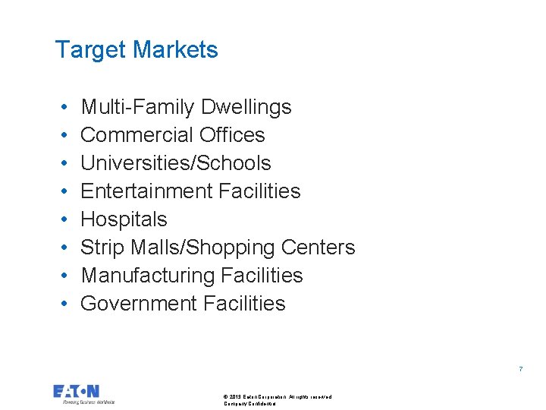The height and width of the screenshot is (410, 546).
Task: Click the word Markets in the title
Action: click(175, 50)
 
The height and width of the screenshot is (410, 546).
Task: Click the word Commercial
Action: click(130, 135)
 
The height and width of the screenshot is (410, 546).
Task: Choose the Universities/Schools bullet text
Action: click(176, 163)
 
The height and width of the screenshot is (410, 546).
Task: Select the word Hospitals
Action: click(124, 219)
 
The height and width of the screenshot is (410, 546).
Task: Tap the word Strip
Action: click(97, 248)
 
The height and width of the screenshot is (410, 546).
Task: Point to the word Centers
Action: click(318, 248)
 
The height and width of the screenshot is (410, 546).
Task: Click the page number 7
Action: click(520, 369)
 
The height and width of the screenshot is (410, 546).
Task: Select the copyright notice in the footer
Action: click(277, 399)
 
